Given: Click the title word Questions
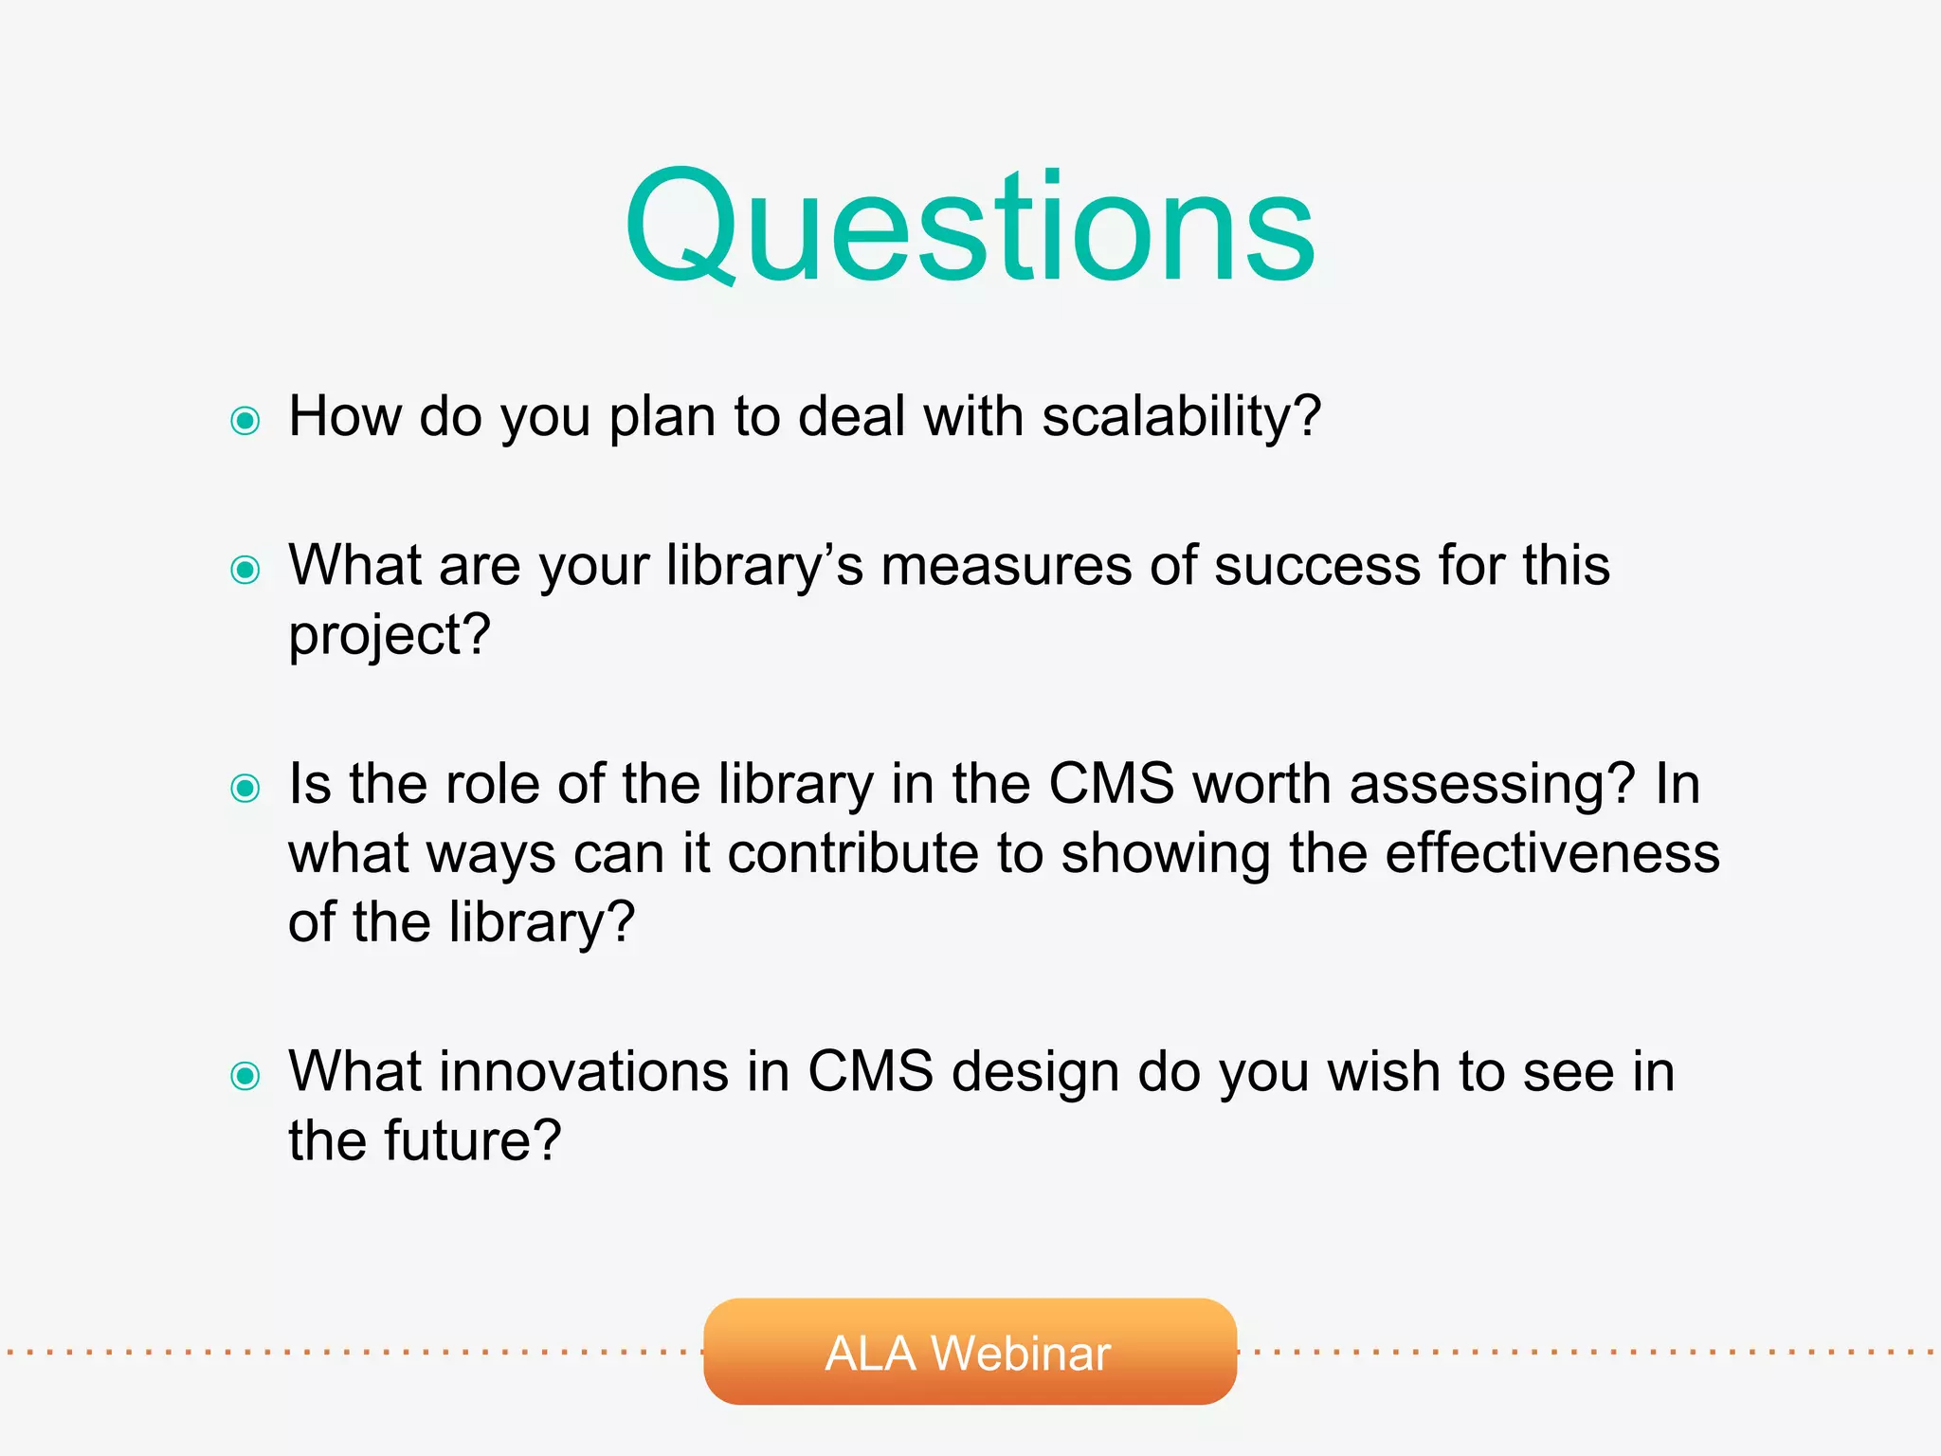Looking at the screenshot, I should [970, 227].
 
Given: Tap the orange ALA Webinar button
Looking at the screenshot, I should [970, 1352].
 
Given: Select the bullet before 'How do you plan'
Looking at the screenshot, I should [245, 420].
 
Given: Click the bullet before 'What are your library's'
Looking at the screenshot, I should [245, 570].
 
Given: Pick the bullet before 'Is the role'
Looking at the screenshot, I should [245, 788].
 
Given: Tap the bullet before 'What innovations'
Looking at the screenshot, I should [245, 1075].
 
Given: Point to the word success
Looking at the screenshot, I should [1316, 566].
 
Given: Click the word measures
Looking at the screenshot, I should [1006, 566].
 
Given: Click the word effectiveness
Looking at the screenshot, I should [1551, 853].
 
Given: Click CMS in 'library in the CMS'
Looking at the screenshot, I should [1111, 785].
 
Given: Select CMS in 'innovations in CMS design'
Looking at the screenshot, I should [870, 1072].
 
